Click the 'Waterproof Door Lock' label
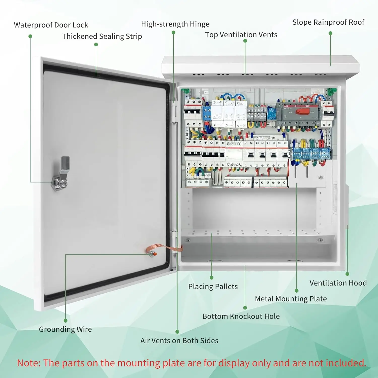click(x=51, y=25)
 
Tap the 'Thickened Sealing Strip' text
click(x=102, y=36)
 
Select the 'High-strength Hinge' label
click(x=175, y=24)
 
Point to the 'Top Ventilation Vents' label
click(x=241, y=35)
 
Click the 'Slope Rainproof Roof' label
click(x=328, y=22)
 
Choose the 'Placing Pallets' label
click(x=213, y=287)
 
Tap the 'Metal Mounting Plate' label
click(x=291, y=299)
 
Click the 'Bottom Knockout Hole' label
click(x=241, y=316)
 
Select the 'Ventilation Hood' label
click(x=338, y=283)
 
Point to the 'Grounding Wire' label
click(x=65, y=329)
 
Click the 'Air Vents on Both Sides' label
click(x=179, y=341)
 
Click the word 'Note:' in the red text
click(x=29, y=363)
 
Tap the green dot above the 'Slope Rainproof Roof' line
click(x=330, y=33)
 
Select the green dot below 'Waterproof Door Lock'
click(x=30, y=36)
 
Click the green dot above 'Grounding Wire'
click(x=66, y=321)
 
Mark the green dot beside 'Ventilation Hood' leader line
click(x=347, y=274)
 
